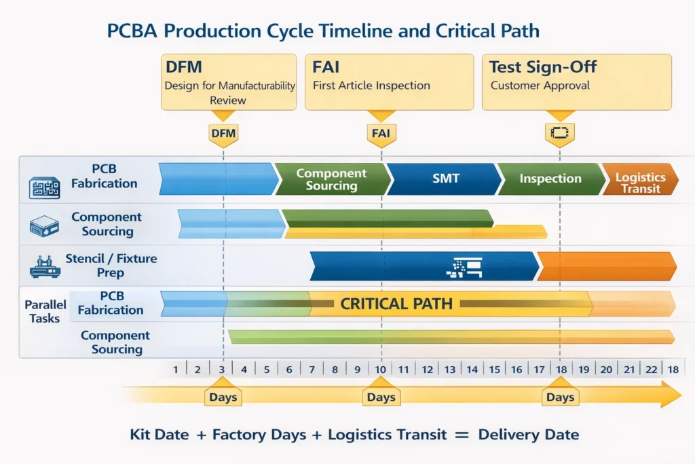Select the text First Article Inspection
click(371, 86)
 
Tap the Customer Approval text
click(540, 86)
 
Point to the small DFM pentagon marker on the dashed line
click(223, 134)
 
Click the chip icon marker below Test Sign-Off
click(560, 133)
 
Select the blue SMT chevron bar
click(445, 179)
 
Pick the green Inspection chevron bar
click(550, 179)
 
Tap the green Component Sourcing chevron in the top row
click(332, 179)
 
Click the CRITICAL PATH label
click(396, 304)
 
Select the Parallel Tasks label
click(44, 311)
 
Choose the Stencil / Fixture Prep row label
click(111, 266)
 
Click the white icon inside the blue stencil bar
click(464, 267)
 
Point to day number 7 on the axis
click(312, 369)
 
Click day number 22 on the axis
click(650, 369)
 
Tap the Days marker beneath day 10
click(381, 397)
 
